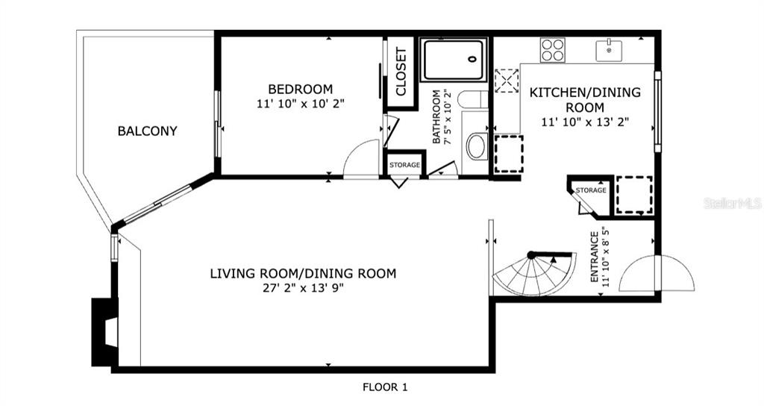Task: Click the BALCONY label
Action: click(147, 131)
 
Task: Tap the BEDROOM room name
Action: click(301, 90)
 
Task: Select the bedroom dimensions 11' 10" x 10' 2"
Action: click(301, 104)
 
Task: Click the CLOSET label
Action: click(401, 71)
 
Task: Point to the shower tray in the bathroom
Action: click(454, 60)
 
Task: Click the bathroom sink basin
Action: click(476, 146)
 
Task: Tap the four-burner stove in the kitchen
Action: click(553, 50)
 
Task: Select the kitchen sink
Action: click(609, 51)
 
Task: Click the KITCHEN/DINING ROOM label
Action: click(585, 99)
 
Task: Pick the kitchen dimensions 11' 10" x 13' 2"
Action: click(585, 122)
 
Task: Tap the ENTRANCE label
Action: click(595, 257)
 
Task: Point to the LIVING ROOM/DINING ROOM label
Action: click(303, 273)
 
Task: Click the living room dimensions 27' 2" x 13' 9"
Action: click(303, 288)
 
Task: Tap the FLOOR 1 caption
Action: click(385, 387)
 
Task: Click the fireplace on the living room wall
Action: click(104, 332)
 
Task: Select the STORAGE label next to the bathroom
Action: click(405, 165)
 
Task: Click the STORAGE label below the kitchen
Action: click(591, 190)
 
